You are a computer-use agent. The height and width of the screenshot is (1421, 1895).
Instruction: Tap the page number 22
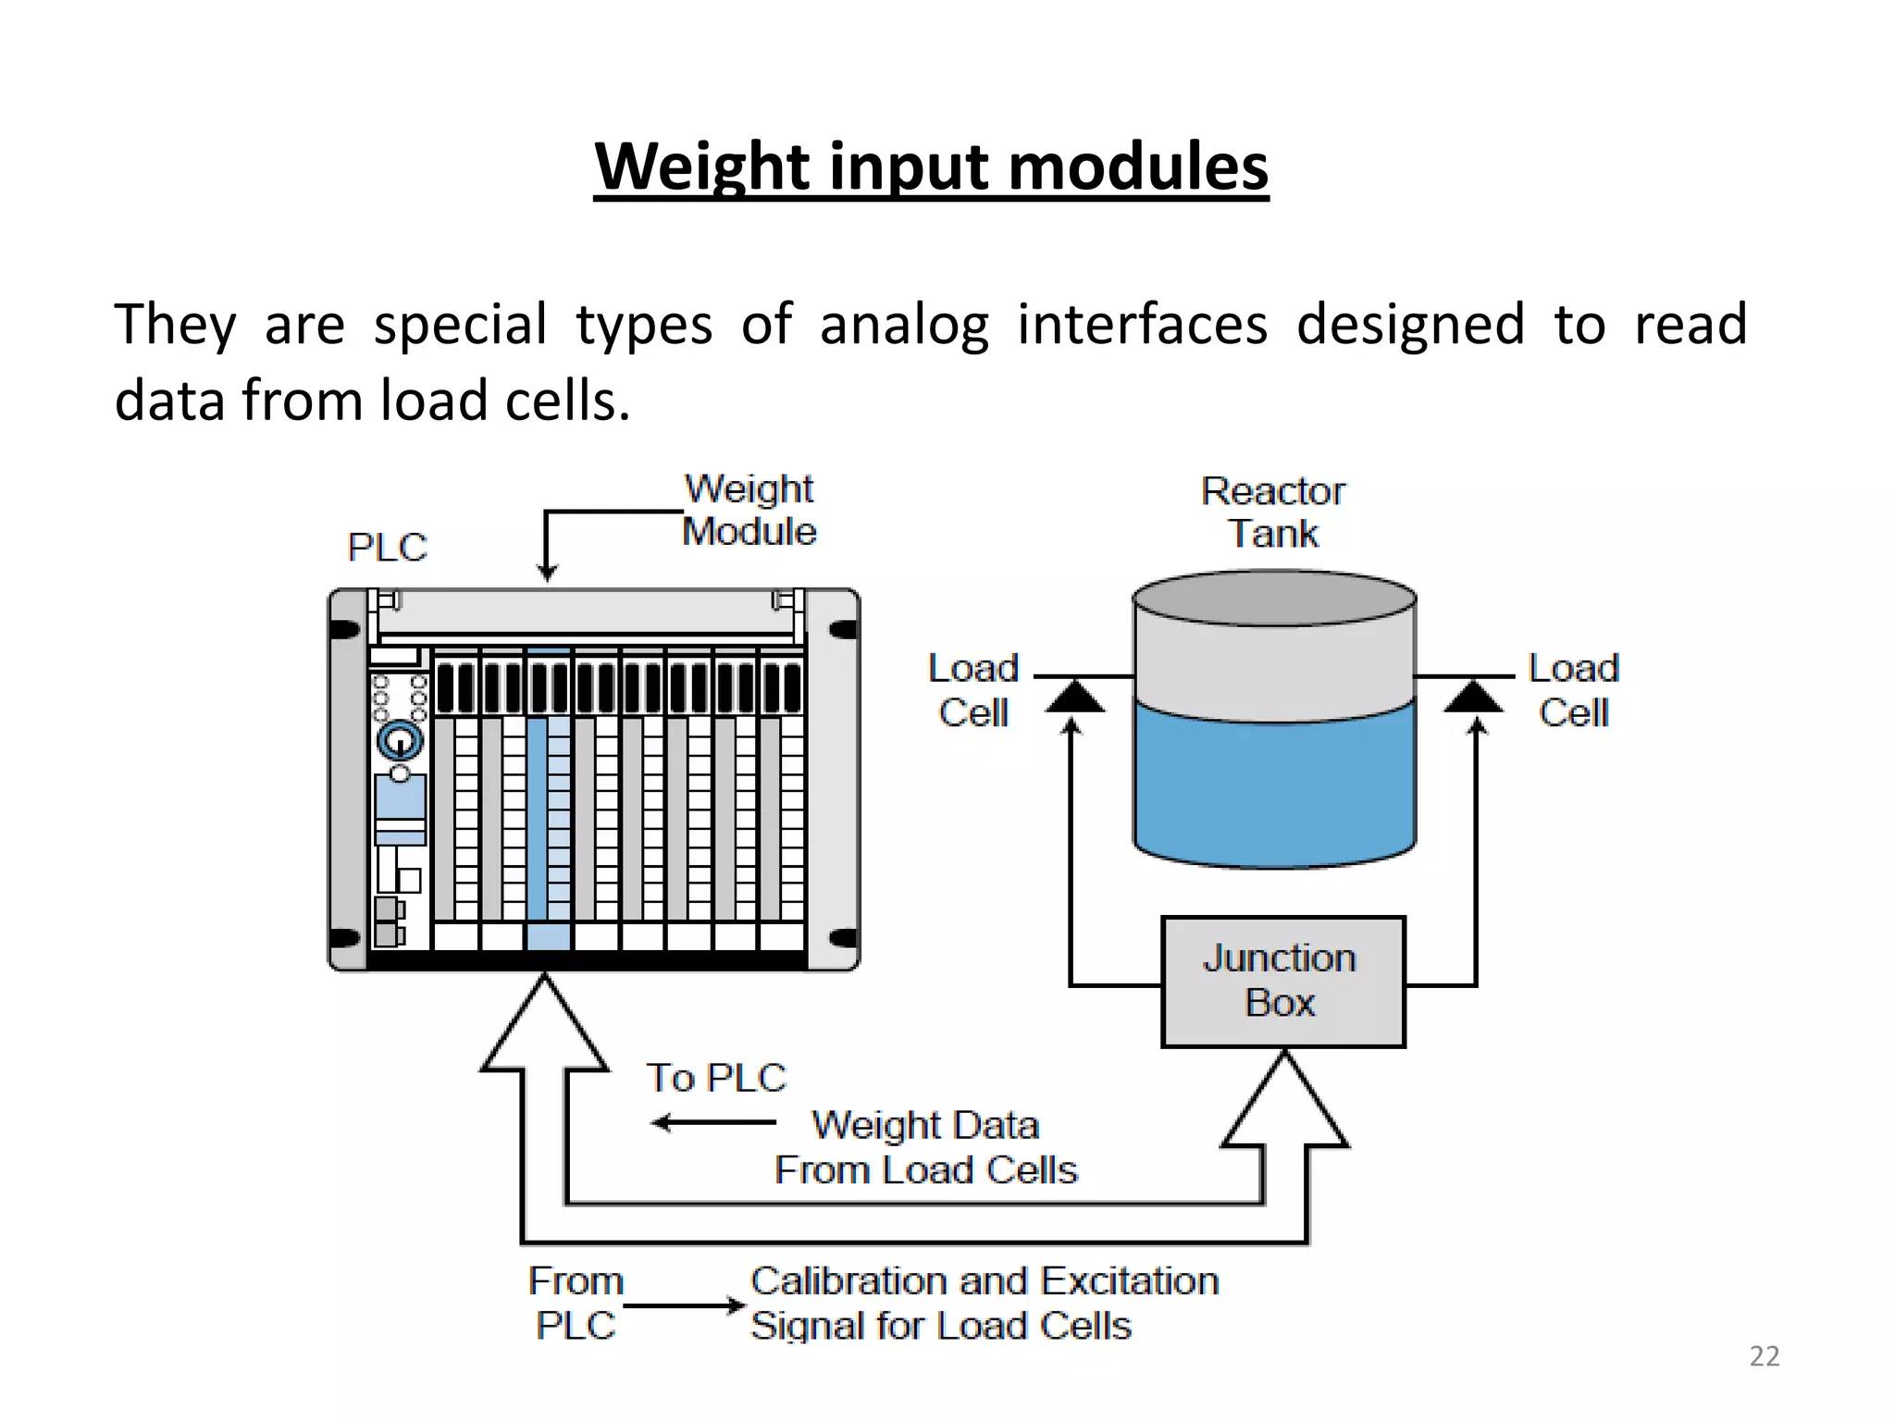coord(1764,1356)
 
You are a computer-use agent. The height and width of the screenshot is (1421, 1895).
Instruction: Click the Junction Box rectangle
coord(1282,982)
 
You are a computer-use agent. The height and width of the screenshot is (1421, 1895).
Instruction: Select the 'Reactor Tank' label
coord(1273,513)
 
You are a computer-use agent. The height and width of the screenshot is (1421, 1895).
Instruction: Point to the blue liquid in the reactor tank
coord(1274,786)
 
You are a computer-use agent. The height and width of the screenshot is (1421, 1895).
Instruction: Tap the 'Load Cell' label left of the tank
coord(972,690)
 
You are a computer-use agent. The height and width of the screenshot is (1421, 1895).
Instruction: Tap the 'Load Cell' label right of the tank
coord(1573,690)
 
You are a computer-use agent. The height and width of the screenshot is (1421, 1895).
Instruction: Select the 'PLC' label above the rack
coord(387,548)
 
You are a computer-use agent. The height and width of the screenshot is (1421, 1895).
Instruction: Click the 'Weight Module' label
coord(749,511)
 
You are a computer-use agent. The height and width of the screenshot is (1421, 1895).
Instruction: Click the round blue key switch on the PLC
coord(400,740)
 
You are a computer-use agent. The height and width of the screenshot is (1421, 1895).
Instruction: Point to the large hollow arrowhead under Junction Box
coord(1284,1106)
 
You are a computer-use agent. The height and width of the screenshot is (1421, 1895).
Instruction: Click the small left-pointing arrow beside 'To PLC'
coord(712,1123)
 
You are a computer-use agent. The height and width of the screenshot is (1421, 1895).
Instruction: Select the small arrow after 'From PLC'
coord(685,1306)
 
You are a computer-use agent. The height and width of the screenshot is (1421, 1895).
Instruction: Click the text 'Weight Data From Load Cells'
coord(925,1148)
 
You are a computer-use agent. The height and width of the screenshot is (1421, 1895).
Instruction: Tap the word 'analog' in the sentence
coord(904,326)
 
